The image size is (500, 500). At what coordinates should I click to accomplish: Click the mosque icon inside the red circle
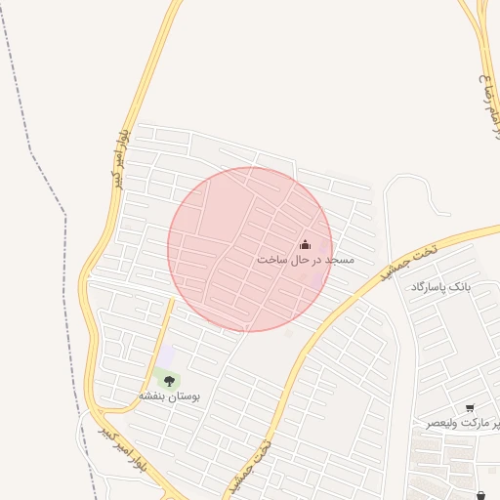pyautogui.click(x=304, y=245)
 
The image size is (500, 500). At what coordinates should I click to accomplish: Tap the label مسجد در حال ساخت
pyautogui.click(x=305, y=261)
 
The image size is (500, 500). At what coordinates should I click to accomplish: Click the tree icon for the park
pyautogui.click(x=169, y=380)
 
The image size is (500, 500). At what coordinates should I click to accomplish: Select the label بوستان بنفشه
pyautogui.click(x=168, y=396)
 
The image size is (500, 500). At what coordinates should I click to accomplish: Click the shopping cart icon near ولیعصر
pyautogui.click(x=471, y=408)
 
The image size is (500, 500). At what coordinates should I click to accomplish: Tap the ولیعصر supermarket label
pyautogui.click(x=462, y=424)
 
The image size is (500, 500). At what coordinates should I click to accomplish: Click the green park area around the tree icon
pyautogui.click(x=161, y=375)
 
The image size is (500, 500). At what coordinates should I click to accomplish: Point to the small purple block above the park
pyautogui.click(x=165, y=354)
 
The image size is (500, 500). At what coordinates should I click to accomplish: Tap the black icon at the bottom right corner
pyautogui.click(x=481, y=496)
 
